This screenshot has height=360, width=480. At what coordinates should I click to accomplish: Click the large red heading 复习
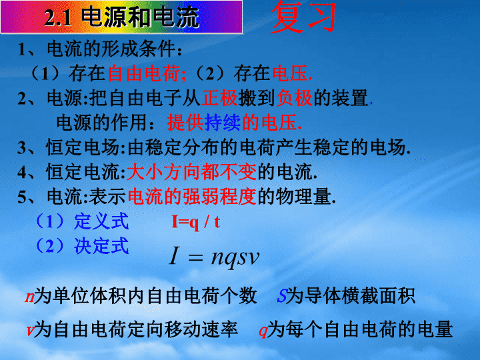pos(303,16)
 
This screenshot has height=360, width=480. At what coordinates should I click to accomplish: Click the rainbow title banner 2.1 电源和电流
pos(121,17)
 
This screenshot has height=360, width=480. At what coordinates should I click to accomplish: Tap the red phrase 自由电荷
pos(144,74)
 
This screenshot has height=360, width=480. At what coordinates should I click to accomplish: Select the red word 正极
pos(219,98)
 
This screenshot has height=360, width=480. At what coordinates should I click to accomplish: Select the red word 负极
pos(294,98)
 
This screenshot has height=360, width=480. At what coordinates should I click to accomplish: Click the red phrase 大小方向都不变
pos(191,172)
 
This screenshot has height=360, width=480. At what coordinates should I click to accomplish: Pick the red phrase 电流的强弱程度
pos(191,196)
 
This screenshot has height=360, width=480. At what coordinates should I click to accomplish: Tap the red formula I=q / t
pos(195,221)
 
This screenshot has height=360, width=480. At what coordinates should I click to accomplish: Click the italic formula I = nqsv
pos(214,257)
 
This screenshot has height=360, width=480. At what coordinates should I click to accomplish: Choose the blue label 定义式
pos(101,221)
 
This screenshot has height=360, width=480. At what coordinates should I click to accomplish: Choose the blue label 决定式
pos(101,245)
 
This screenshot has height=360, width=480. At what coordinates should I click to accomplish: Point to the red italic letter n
pos(29,297)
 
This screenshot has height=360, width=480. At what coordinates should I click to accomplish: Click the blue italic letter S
pos(281,296)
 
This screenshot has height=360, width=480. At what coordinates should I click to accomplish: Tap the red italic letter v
pos(30,331)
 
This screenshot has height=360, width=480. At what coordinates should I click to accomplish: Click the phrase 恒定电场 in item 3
pos(83,147)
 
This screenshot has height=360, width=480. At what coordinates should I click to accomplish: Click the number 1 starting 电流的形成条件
pos(21,49)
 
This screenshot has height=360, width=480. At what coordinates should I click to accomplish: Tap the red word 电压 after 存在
pos(290,74)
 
